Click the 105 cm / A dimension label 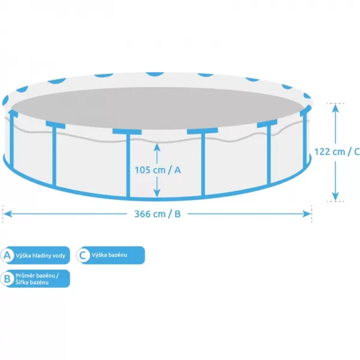click(157, 170)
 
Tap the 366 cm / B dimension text click(157, 214)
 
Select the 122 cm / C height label click(337, 152)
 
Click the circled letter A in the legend click(7, 255)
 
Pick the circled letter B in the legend click(7, 278)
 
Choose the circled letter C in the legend click(83, 255)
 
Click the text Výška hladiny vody click(40, 256)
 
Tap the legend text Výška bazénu click(109, 255)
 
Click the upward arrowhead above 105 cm click(157, 147)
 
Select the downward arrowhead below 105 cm click(157, 193)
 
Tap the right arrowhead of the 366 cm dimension click(307, 214)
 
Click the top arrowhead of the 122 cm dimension click(335, 108)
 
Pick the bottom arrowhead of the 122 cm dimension click(335, 197)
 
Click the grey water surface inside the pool click(158, 108)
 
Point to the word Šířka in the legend click(22, 282)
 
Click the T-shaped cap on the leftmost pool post click(13, 113)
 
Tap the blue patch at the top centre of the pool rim click(155, 74)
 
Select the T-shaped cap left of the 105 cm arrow click(127, 132)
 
